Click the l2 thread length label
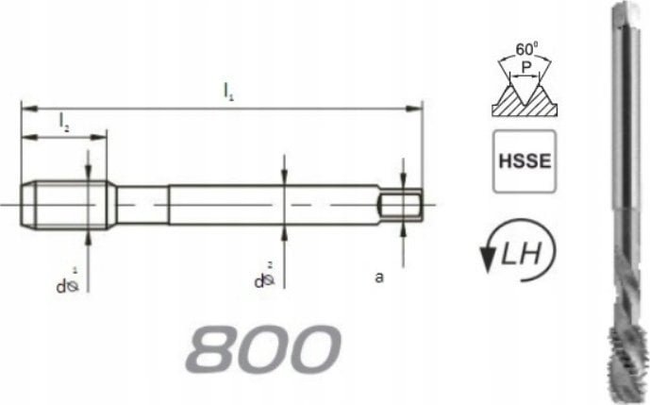[62, 121]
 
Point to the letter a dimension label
[378, 278]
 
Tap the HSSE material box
[524, 165]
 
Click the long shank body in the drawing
[274, 203]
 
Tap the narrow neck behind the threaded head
[142, 203]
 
